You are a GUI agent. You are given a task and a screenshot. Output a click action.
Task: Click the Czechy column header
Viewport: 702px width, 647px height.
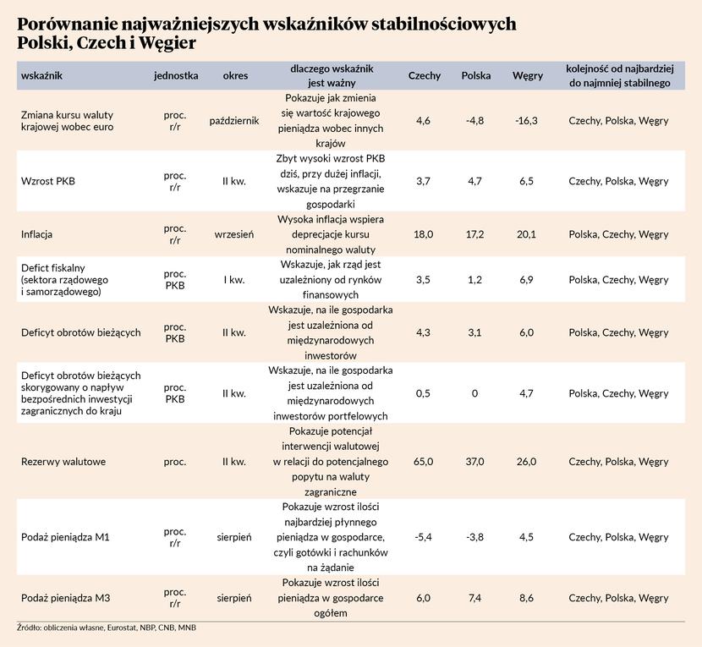click(424, 75)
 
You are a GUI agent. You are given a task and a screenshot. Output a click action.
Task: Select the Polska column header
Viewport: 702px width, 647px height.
click(476, 75)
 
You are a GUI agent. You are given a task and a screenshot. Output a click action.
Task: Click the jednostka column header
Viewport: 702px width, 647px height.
click(176, 75)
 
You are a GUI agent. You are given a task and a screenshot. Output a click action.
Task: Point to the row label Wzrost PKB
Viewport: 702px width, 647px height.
click(48, 181)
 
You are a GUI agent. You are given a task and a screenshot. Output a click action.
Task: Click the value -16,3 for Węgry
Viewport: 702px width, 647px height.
click(526, 121)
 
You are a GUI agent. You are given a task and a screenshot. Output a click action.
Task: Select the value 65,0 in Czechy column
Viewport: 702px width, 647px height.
click(425, 462)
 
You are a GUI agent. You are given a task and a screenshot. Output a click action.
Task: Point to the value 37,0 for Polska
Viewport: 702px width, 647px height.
click(475, 462)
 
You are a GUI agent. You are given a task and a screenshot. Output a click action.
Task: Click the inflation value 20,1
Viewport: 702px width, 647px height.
click(527, 234)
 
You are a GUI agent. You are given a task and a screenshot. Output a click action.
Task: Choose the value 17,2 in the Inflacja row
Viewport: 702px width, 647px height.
click(475, 234)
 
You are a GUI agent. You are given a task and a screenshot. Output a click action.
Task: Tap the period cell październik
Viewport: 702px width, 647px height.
click(234, 121)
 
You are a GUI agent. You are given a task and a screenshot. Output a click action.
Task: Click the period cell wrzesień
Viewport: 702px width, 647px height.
click(235, 234)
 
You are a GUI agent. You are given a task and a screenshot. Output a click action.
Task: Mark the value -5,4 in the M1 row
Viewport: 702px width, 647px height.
click(425, 537)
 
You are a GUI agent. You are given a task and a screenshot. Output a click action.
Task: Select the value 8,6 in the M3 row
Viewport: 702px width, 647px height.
click(527, 598)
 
